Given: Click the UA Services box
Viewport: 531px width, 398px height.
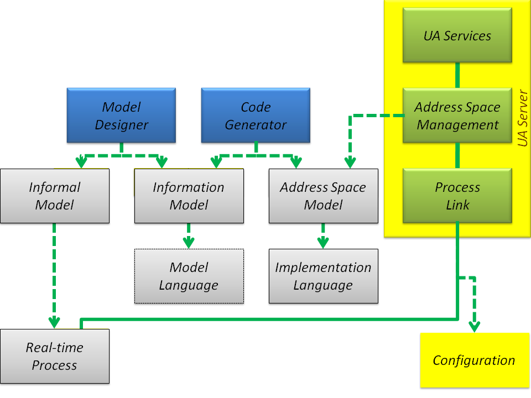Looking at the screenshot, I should point(457,35).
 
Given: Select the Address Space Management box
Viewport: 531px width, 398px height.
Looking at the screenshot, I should point(457,116).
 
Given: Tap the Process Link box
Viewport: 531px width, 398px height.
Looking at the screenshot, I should point(457,196).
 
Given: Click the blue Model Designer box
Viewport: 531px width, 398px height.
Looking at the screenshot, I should point(121,116).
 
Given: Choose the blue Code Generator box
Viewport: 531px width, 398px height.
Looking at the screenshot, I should point(256,116).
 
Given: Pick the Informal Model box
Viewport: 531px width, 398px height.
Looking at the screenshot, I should point(54,196).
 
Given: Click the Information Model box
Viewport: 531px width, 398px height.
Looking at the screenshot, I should point(189,196).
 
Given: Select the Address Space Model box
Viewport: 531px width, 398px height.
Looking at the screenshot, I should point(323,196).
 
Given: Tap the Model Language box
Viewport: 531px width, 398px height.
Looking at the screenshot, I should point(189,276).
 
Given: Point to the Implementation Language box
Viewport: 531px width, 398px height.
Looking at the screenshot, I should point(323,276).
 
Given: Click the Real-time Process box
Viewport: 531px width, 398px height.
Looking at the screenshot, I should point(54,356).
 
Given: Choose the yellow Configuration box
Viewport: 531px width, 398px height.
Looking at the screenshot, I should point(474,360).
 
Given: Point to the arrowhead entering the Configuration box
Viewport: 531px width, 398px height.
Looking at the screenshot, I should point(474,327).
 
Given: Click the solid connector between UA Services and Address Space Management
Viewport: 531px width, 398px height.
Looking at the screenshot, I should point(457,75).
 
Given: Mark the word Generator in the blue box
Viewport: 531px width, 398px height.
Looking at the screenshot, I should point(256,124).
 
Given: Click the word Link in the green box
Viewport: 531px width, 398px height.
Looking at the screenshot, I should point(457,205).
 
